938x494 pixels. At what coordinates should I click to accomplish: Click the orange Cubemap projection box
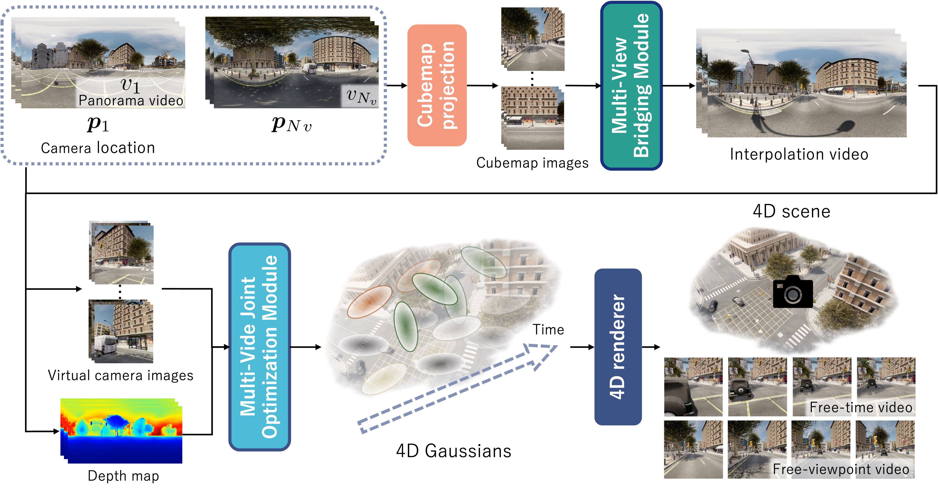tap(437, 85)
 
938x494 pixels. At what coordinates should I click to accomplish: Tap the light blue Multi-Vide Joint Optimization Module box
tap(259, 347)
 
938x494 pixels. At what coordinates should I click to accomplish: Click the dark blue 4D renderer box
tap(618, 347)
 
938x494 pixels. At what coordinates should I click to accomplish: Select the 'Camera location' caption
tap(98, 148)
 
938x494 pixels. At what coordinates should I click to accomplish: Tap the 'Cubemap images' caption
tap(532, 163)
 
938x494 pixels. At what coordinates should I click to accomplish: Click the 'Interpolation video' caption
tap(799, 154)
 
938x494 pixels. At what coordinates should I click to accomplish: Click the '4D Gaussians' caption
tap(453, 451)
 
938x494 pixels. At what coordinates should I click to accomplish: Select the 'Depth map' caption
tap(123, 476)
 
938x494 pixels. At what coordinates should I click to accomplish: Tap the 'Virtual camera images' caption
tap(121, 375)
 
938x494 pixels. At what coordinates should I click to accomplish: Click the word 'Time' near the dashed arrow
tap(548, 330)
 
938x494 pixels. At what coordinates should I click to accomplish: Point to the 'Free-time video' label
tap(860, 407)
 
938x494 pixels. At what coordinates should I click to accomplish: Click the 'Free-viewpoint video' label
tap(841, 469)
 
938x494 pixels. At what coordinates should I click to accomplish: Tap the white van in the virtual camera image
tap(105, 346)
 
